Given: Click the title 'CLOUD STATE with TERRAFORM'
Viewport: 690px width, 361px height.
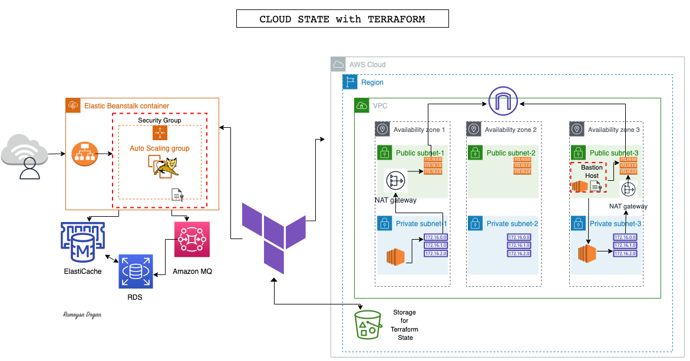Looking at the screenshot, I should [x=342, y=19].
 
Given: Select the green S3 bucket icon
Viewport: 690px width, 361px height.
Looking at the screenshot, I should [x=368, y=324].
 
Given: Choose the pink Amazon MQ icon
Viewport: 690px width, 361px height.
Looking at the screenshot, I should [x=192, y=240].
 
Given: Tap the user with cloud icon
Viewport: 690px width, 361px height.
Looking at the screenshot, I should [x=25, y=157].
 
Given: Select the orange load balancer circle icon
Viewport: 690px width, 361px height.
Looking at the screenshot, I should [x=84, y=154].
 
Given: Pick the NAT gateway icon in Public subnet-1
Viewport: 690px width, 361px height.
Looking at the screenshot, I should [x=395, y=180].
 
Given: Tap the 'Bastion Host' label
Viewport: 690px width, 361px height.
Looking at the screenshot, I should [x=592, y=171].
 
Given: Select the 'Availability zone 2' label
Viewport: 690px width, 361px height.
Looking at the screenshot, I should [x=510, y=130].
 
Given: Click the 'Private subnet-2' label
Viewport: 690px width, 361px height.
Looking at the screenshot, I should [x=512, y=224].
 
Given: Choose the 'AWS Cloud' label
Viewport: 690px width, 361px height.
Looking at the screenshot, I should [x=367, y=64].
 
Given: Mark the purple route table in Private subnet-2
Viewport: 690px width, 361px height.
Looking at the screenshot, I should [x=518, y=245].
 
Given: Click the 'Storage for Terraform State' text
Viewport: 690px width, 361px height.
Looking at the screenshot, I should [x=404, y=324].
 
